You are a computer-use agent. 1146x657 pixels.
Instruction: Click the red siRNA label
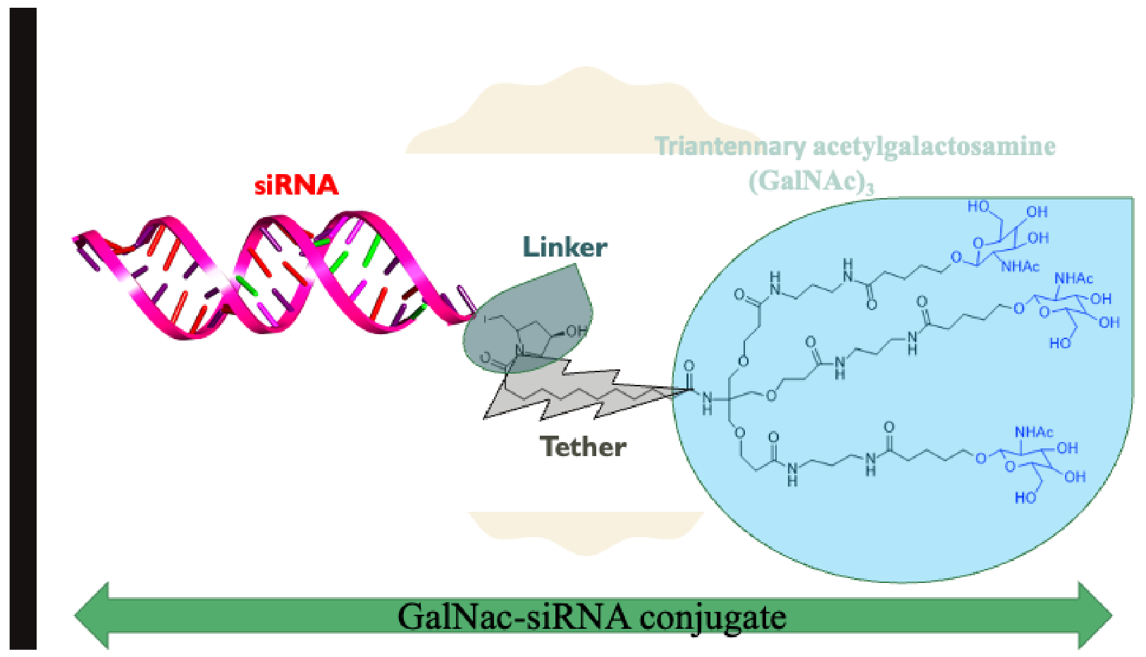pos(296,185)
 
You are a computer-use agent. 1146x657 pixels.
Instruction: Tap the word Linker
pos(565,247)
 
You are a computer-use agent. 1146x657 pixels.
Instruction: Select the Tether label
pos(583,447)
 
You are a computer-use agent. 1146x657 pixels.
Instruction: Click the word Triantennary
pos(729,146)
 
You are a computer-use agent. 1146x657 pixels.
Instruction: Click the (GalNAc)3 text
pos(811,181)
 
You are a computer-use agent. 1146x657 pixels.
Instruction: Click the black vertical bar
pos(23,328)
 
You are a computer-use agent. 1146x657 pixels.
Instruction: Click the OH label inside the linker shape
pos(576,331)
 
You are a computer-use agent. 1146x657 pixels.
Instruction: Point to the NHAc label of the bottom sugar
pos(1034,432)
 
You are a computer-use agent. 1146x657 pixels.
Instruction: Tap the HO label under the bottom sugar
pos(1025,498)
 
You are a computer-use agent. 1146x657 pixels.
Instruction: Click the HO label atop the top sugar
pos(978,207)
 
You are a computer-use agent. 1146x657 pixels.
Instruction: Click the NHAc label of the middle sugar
pos(1073,278)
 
